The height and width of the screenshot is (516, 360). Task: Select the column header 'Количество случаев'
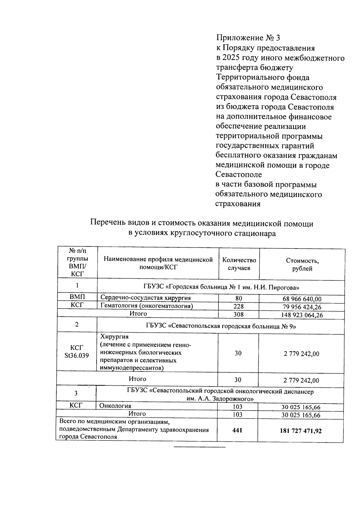click(x=239, y=264)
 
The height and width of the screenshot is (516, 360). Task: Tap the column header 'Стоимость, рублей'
click(x=302, y=264)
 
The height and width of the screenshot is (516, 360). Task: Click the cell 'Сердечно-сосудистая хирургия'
click(x=145, y=298)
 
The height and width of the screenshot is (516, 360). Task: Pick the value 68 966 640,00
click(x=302, y=299)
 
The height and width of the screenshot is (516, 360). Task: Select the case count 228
click(x=238, y=306)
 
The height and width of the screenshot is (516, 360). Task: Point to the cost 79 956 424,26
click(x=302, y=307)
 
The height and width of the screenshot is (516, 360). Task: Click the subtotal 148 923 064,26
click(x=302, y=315)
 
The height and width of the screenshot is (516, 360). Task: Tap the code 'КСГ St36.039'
click(x=77, y=352)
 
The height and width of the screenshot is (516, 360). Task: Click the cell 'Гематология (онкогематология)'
click(x=147, y=306)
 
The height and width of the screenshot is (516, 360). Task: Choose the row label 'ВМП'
click(x=77, y=297)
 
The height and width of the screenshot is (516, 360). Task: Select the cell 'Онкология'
click(x=115, y=406)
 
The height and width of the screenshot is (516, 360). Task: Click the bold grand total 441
click(x=237, y=431)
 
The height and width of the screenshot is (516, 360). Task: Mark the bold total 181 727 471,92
click(x=301, y=431)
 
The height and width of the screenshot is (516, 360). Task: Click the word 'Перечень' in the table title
click(x=106, y=223)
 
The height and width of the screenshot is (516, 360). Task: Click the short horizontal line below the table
click(x=199, y=447)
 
